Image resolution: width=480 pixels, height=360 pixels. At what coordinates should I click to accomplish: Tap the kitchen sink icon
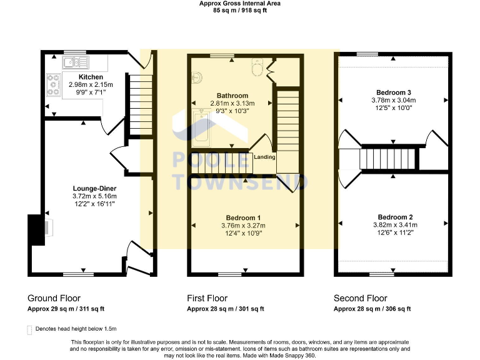(x=75, y=62)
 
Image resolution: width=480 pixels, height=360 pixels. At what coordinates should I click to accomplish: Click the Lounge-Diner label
(x=94, y=188)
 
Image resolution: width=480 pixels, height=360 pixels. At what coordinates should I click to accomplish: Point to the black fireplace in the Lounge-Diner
(x=34, y=229)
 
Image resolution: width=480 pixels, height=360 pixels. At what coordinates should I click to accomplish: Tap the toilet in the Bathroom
(x=258, y=66)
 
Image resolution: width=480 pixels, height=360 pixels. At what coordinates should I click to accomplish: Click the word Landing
(x=264, y=157)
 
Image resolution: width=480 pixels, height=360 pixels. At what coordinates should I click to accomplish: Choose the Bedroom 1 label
(x=243, y=217)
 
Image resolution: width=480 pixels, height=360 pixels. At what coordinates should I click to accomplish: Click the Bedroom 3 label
(x=394, y=91)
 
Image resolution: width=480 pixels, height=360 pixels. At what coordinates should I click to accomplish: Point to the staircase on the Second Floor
(x=381, y=159)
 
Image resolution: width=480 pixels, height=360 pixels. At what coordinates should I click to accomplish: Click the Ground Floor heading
(x=54, y=298)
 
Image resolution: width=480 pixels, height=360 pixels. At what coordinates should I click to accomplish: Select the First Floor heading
(x=207, y=298)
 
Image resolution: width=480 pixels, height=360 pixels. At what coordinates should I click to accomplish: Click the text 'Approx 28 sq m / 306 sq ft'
(x=372, y=309)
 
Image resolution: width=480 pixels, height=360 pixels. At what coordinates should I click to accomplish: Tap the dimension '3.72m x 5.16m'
(x=94, y=196)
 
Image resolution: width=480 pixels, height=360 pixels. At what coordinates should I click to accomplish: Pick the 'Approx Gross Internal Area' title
(x=239, y=3)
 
